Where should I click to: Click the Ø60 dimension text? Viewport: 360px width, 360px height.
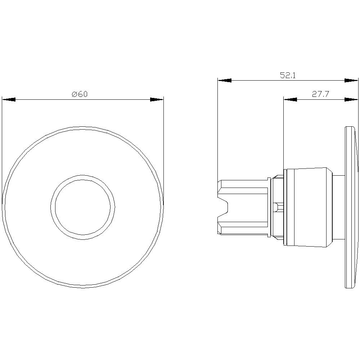80,94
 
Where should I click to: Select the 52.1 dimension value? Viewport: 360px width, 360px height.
288,75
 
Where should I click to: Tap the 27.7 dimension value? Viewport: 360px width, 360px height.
320,94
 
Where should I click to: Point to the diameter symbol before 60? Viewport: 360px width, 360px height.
75,94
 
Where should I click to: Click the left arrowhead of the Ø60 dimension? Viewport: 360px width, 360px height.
9,99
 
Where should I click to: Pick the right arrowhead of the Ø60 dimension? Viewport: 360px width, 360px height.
157,99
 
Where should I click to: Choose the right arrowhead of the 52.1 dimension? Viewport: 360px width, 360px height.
351,80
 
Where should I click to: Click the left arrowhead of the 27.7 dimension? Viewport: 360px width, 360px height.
290,99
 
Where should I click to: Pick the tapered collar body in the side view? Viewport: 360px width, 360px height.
310,207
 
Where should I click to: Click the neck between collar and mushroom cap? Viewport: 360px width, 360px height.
338,207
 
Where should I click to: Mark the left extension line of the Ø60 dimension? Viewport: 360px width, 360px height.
2,151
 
